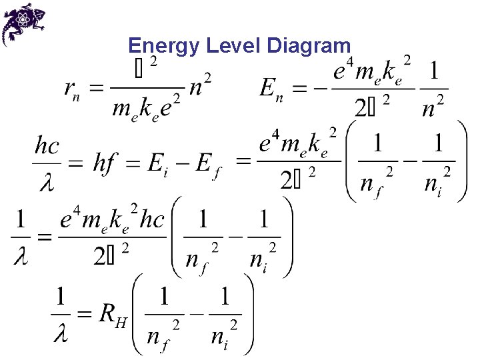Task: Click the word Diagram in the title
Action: [x=308, y=45]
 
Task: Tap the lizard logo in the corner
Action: [x=24, y=23]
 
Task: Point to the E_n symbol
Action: [x=272, y=89]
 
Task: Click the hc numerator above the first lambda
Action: [x=48, y=146]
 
